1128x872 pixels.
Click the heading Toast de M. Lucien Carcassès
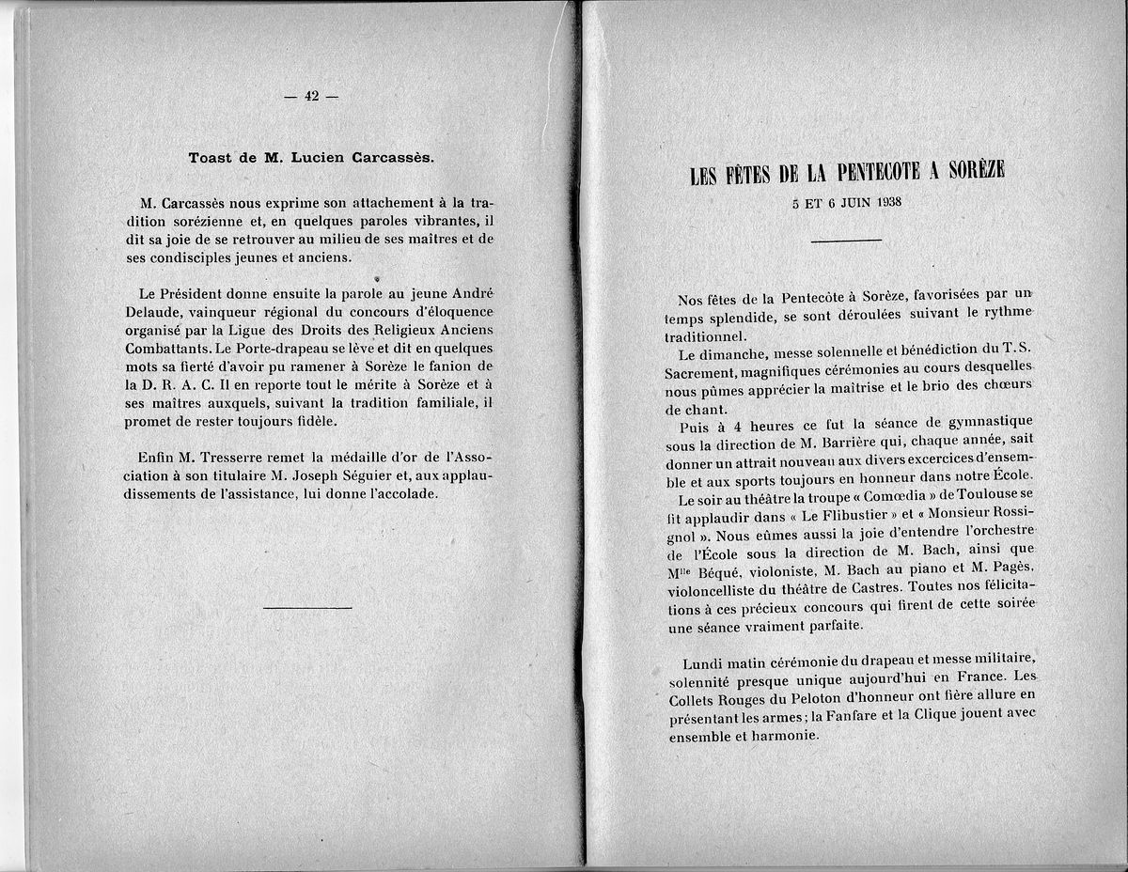click(310, 158)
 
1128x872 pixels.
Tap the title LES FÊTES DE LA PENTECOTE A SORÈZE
click(847, 172)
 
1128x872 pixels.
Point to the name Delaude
click(154, 311)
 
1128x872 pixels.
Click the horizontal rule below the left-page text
click(307, 608)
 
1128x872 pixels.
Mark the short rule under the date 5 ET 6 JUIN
click(846, 241)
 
